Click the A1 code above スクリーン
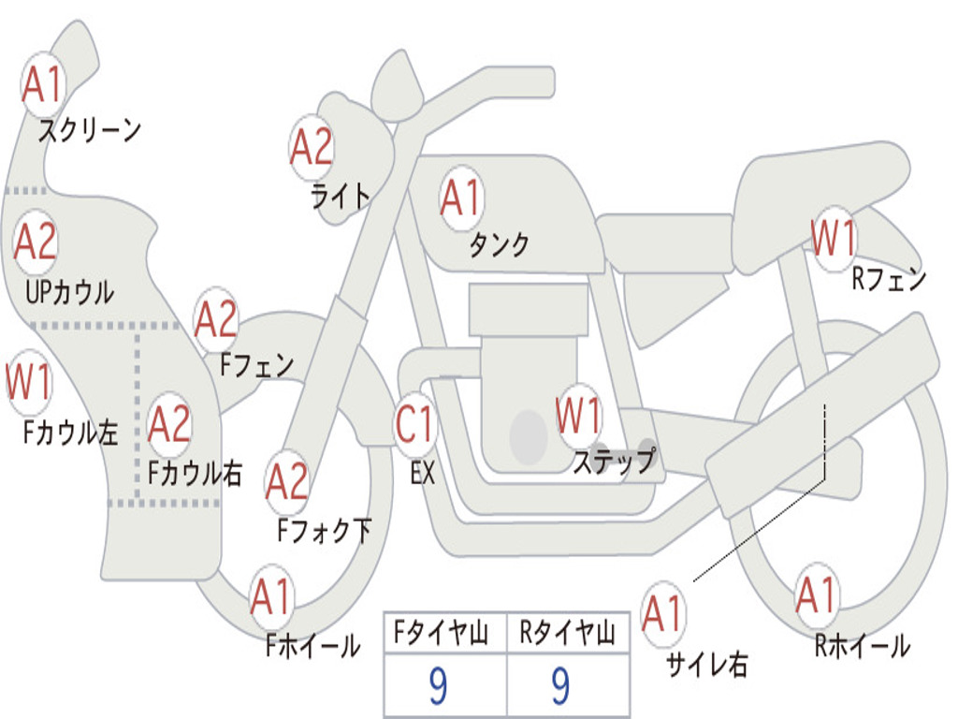click(42, 83)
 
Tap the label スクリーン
click(89, 130)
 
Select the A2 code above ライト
click(311, 147)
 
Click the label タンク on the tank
click(499, 244)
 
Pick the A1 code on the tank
click(461, 198)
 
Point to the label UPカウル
click(69, 292)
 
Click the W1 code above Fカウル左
click(29, 382)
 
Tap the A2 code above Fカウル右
click(169, 424)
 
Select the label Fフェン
click(256, 365)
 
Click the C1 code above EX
click(414, 424)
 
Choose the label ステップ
click(614, 461)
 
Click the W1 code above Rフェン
click(834, 238)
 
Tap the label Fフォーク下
click(324, 530)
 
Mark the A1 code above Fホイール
click(269, 596)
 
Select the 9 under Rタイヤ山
click(560, 686)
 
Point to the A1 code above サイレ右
click(662, 613)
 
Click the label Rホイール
click(862, 646)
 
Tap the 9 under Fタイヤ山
click(438, 686)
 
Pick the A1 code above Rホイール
click(816, 594)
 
